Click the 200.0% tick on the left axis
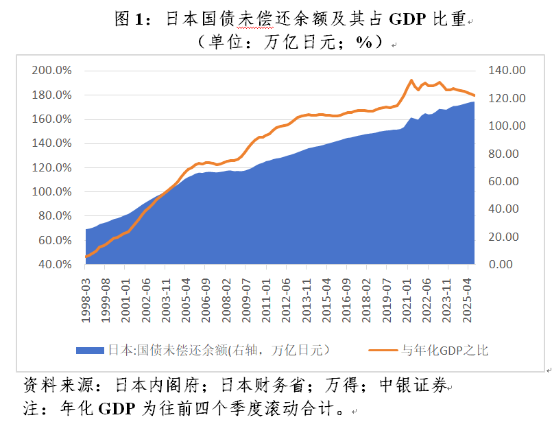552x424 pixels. pos(52,71)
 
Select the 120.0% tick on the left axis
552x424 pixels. pos(52,167)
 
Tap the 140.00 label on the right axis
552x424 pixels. pos(505,71)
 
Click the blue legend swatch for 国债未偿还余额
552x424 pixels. pos(91,350)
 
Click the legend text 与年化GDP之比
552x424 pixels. pos(445,350)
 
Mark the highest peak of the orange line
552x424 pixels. pos(411,80)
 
